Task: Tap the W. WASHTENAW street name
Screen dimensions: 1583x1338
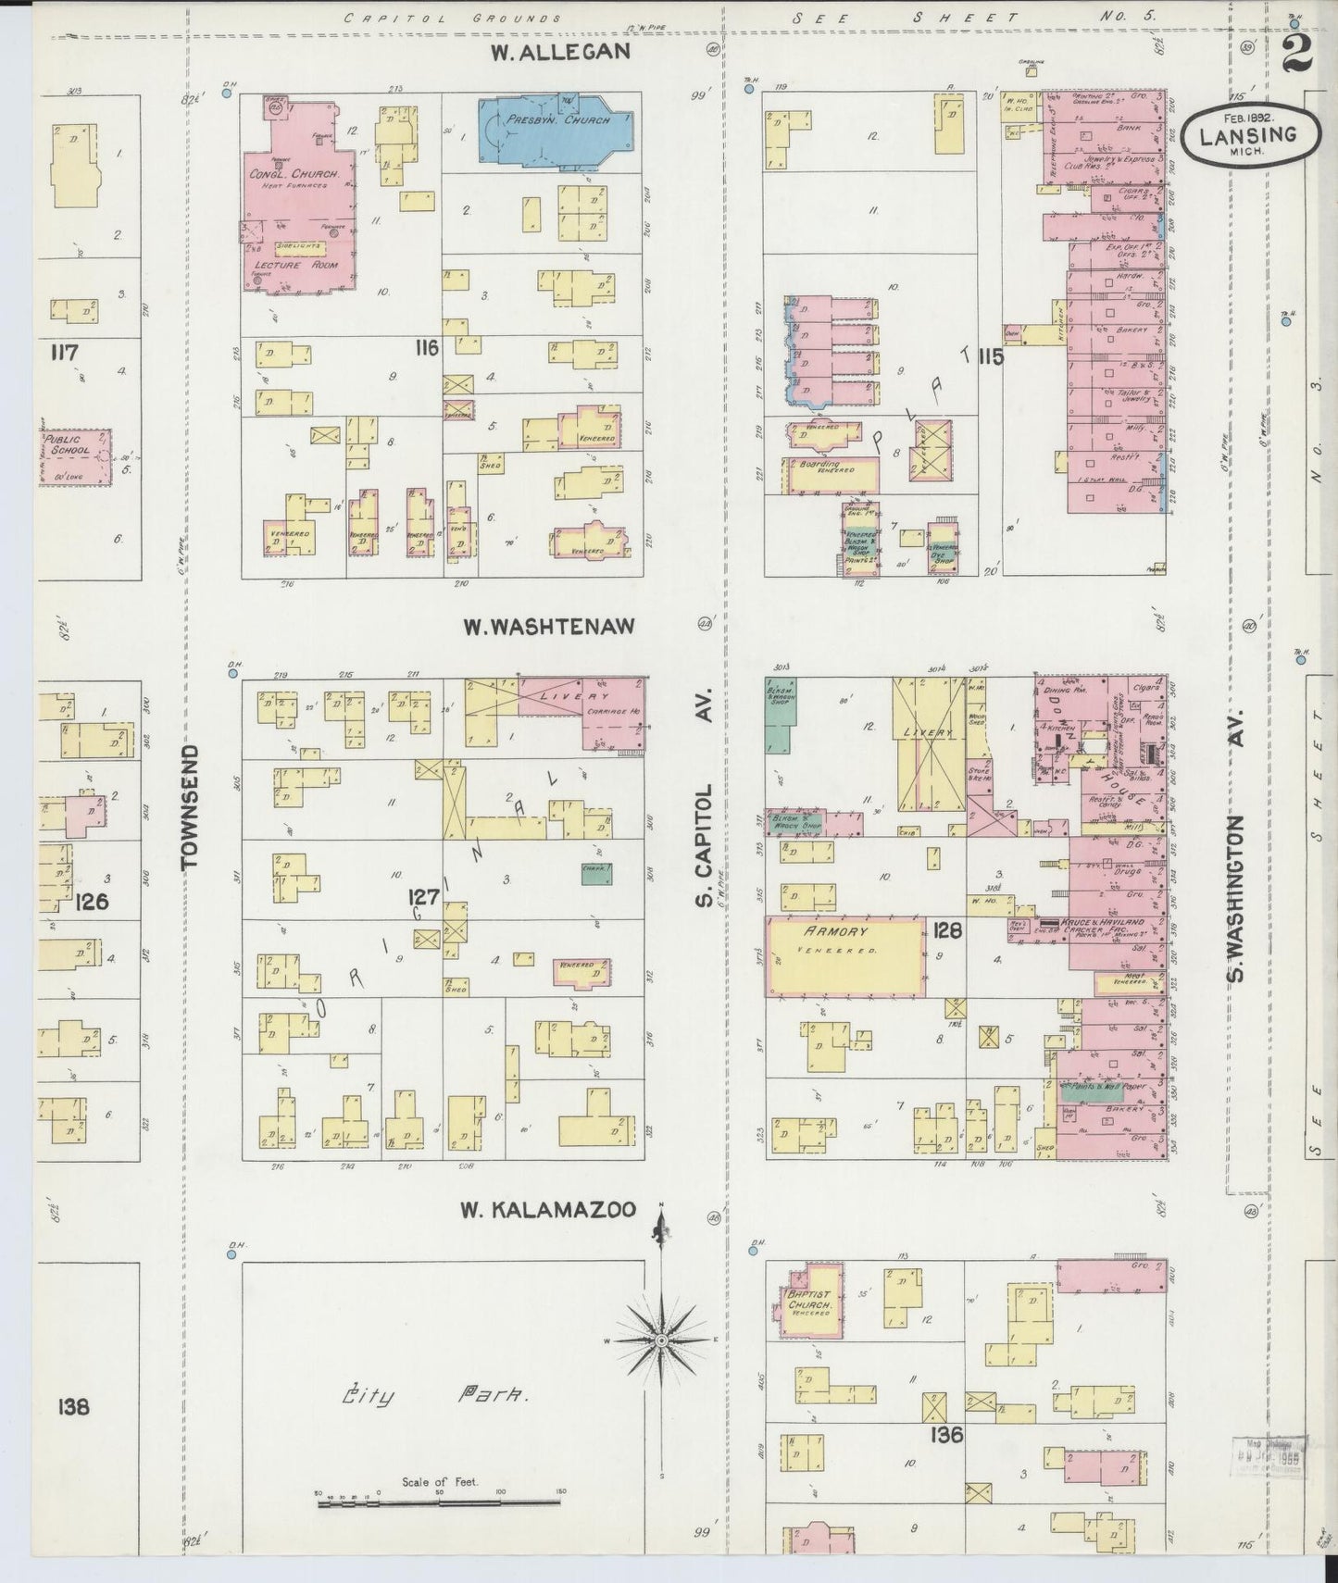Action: (549, 627)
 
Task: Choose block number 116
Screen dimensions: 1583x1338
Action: (426, 348)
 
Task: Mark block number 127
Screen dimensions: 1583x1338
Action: (425, 897)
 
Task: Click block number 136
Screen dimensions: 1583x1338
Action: (948, 1435)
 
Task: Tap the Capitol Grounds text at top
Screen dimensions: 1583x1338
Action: (452, 18)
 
